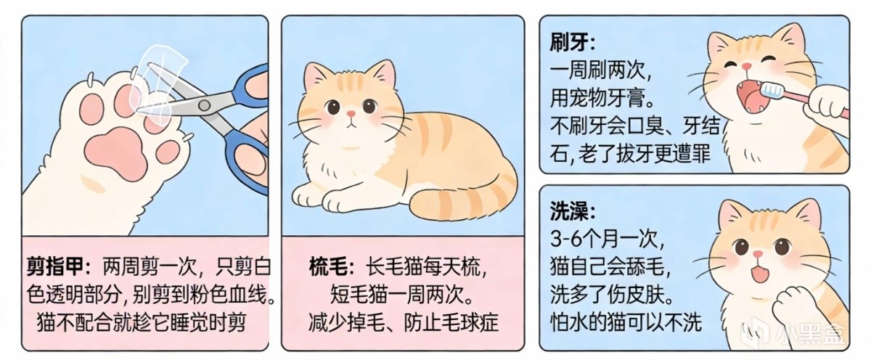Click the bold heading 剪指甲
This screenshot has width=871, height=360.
[55, 266]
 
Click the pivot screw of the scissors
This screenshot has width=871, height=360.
[204, 105]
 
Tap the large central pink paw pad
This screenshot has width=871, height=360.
[116, 154]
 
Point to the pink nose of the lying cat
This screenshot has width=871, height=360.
[351, 114]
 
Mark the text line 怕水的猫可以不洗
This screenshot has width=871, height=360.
[626, 322]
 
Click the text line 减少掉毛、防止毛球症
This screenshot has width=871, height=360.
[404, 322]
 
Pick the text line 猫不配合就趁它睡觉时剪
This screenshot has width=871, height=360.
[142, 322]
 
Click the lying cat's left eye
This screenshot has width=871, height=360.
[333, 107]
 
